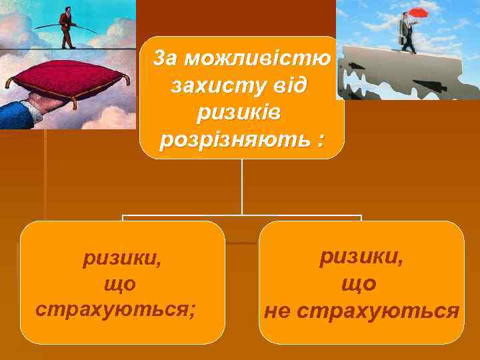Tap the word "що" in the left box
(120, 284)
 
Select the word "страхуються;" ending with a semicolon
(116, 310)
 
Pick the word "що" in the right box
(359, 283)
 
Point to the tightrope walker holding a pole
(66, 27)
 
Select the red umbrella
(419, 13)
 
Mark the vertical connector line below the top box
(242, 187)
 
